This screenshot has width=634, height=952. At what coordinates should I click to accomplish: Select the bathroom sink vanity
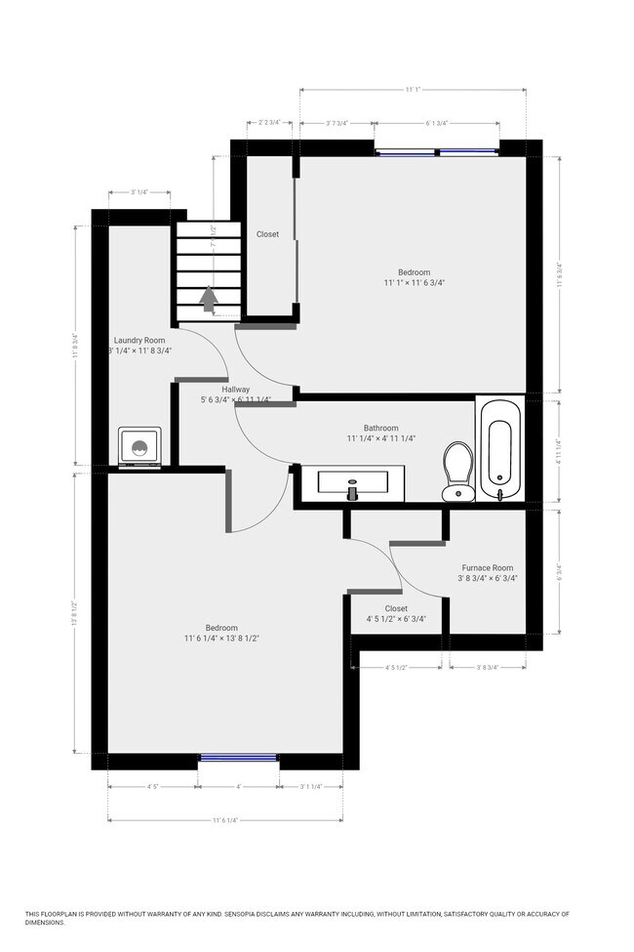click(x=351, y=481)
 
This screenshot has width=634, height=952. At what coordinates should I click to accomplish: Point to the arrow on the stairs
click(x=208, y=298)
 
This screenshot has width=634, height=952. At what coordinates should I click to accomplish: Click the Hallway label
click(x=236, y=388)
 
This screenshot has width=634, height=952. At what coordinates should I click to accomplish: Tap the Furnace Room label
click(x=488, y=567)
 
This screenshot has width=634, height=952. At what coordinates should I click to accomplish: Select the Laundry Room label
click(x=139, y=340)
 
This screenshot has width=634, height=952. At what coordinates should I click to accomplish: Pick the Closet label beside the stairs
click(x=267, y=234)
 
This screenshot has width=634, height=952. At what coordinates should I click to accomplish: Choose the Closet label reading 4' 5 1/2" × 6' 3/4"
click(x=395, y=608)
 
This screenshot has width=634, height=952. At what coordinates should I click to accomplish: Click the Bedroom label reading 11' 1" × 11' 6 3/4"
click(x=414, y=272)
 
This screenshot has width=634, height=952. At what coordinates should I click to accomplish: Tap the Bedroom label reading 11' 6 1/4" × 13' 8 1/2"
click(x=221, y=628)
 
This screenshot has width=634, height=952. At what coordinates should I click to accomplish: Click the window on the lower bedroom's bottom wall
click(x=238, y=757)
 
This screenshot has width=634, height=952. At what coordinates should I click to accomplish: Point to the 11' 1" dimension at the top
click(x=415, y=90)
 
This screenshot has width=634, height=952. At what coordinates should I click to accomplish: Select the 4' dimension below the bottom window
click(x=238, y=786)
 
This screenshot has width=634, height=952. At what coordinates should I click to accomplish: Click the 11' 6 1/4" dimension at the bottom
click(x=224, y=820)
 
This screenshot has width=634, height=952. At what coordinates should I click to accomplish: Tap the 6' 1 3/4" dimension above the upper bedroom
click(x=436, y=124)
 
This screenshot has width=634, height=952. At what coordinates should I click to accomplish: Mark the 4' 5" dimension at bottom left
click(x=153, y=786)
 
